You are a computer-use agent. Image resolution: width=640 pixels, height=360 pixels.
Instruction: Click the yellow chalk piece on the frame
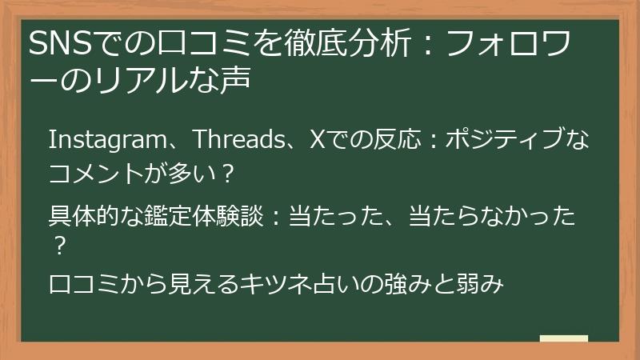coord(563,339)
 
